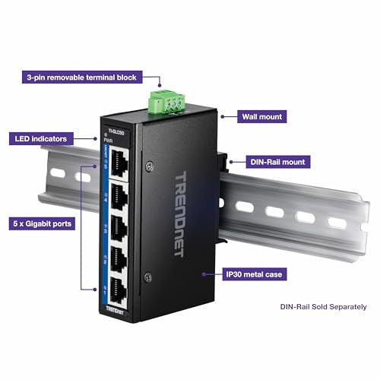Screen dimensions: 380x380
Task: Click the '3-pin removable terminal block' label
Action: coord(82,78)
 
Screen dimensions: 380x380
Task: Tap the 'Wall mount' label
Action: coord(261,116)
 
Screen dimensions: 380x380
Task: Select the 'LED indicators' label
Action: coord(41,139)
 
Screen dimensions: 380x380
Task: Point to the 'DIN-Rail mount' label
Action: coord(278,162)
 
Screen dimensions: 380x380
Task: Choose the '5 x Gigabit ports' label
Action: coord(42,223)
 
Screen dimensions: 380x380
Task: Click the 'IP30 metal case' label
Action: coord(255,274)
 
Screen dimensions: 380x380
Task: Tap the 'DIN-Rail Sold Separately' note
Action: coord(323,307)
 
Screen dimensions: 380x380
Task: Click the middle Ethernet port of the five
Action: coord(119,229)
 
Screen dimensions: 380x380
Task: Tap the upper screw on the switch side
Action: coord(150,166)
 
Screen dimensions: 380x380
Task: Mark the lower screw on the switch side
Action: coord(148,277)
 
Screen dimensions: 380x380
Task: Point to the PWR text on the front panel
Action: coord(108,141)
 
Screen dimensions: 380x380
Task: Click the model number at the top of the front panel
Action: coord(116,131)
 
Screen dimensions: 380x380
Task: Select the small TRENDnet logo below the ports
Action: coord(115,310)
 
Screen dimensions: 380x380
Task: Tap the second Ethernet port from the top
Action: coord(119,196)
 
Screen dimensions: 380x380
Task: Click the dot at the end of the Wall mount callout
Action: coord(223,116)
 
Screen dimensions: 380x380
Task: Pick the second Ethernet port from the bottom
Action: coord(119,259)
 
